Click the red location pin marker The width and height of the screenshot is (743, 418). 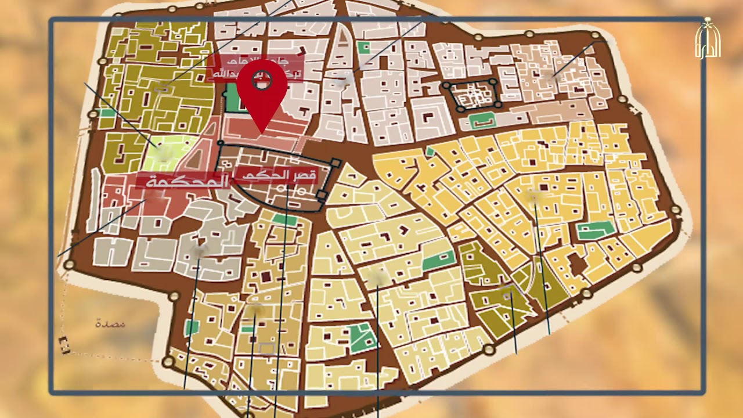coord(262,87)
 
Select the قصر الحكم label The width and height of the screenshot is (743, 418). coord(276,174)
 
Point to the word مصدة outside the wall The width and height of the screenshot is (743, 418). coord(110,323)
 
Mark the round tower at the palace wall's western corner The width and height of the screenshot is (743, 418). coord(221,143)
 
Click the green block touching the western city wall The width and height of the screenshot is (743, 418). coord(107,113)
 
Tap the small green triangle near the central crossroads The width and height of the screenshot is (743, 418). coord(430,152)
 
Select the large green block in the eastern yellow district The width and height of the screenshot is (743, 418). coord(595,230)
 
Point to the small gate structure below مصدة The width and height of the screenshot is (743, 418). coord(64,345)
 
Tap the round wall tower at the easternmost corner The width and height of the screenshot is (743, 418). coord(675,210)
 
